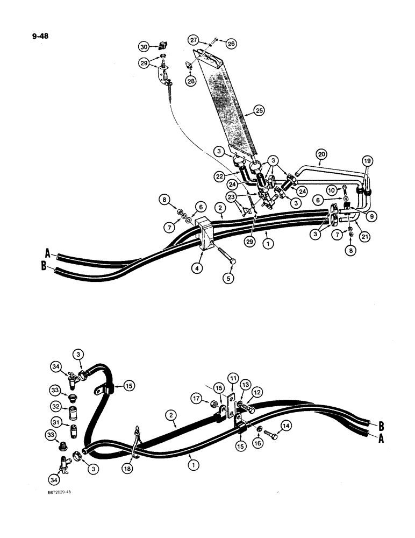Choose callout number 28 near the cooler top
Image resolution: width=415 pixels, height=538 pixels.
191,81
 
